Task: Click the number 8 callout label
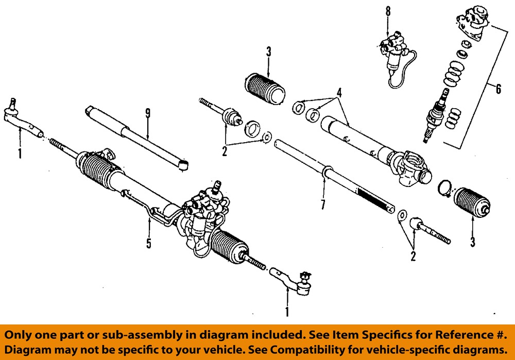point(388,11)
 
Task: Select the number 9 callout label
point(148,114)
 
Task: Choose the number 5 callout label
point(149,243)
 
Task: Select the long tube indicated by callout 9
point(136,136)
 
